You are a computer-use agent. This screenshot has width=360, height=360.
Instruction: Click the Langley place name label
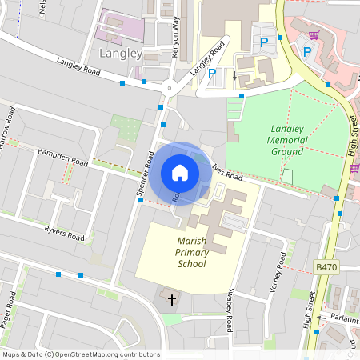pyautogui.click(x=121, y=54)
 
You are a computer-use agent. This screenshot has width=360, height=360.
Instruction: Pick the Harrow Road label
pyautogui.click(x=9, y=128)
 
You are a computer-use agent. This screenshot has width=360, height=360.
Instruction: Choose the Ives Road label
pyautogui.click(x=228, y=170)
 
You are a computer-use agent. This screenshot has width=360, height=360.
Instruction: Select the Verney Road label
pyautogui.click(x=280, y=272)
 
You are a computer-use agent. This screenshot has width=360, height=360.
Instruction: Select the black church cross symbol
pyautogui.click(x=171, y=299)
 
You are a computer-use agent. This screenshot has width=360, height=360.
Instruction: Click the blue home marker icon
pyautogui.click(x=180, y=172)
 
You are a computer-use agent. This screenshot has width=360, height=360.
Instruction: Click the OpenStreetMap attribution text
pyautogui.click(x=81, y=354)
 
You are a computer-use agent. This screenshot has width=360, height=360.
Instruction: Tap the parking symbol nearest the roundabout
pyautogui.click(x=212, y=74)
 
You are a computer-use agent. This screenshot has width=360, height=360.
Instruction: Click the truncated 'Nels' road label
pyautogui.click(x=42, y=8)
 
